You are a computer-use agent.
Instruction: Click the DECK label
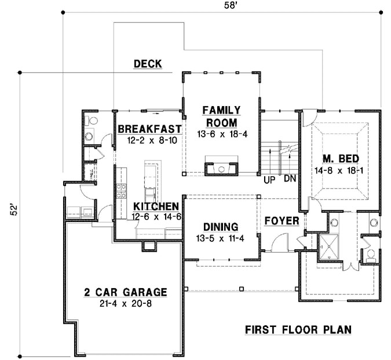[x=147, y=64]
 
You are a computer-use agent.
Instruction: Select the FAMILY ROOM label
[x=221, y=116]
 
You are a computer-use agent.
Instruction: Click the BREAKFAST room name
[x=149, y=129]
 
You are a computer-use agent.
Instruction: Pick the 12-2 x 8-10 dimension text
[x=149, y=139]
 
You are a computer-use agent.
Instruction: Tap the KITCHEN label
[x=155, y=206]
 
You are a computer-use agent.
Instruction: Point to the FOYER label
[x=282, y=221]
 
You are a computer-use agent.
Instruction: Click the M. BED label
[x=340, y=158]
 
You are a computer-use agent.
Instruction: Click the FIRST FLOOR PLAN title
[x=298, y=330]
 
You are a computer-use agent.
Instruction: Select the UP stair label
[x=269, y=180]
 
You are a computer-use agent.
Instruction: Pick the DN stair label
[x=290, y=180]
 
